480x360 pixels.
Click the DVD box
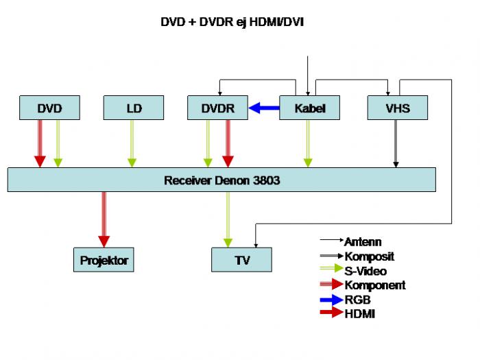(x=49, y=108)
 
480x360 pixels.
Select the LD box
(x=134, y=108)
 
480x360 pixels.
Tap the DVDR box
(x=217, y=108)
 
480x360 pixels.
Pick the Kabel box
(x=309, y=108)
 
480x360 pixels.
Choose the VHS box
(x=397, y=108)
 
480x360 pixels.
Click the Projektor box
(x=104, y=260)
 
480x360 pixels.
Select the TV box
(x=241, y=260)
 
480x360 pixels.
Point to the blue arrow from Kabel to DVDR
(x=264, y=108)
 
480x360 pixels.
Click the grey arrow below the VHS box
(x=396, y=143)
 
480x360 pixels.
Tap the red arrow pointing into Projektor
(x=104, y=219)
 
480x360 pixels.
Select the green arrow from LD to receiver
(x=132, y=143)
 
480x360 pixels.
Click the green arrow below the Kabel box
(x=308, y=143)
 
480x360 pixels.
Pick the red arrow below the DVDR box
(x=228, y=143)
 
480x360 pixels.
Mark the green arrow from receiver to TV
(x=228, y=219)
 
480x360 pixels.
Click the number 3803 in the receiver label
(x=266, y=180)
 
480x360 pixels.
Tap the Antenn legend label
(x=363, y=242)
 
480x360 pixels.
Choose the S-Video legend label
(x=365, y=271)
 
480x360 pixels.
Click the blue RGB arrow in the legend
(x=331, y=300)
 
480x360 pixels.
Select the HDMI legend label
(x=360, y=314)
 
